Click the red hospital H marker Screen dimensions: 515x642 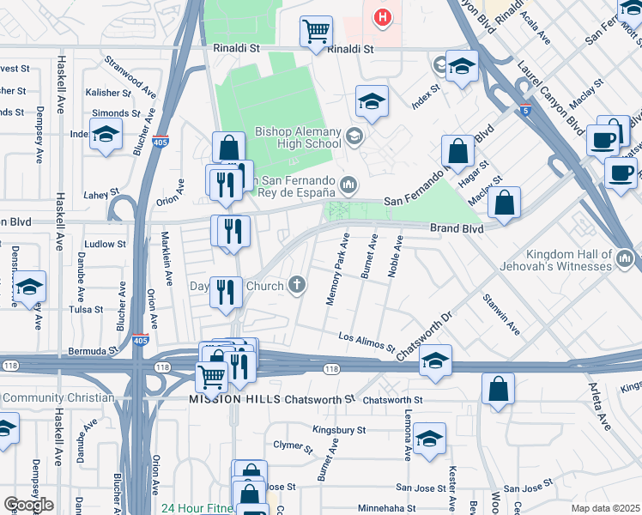pos(383,15)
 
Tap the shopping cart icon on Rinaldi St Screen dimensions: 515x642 pos(316,32)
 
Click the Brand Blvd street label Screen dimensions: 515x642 pos(456,229)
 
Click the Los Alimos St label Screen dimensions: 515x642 pos(366,342)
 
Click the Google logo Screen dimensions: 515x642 pos(28,505)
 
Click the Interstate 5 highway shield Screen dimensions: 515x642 pos(525,111)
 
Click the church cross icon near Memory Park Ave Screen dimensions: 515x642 pos(297,285)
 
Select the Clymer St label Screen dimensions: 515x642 pos(291,446)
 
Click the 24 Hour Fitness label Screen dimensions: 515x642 pos(197,508)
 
